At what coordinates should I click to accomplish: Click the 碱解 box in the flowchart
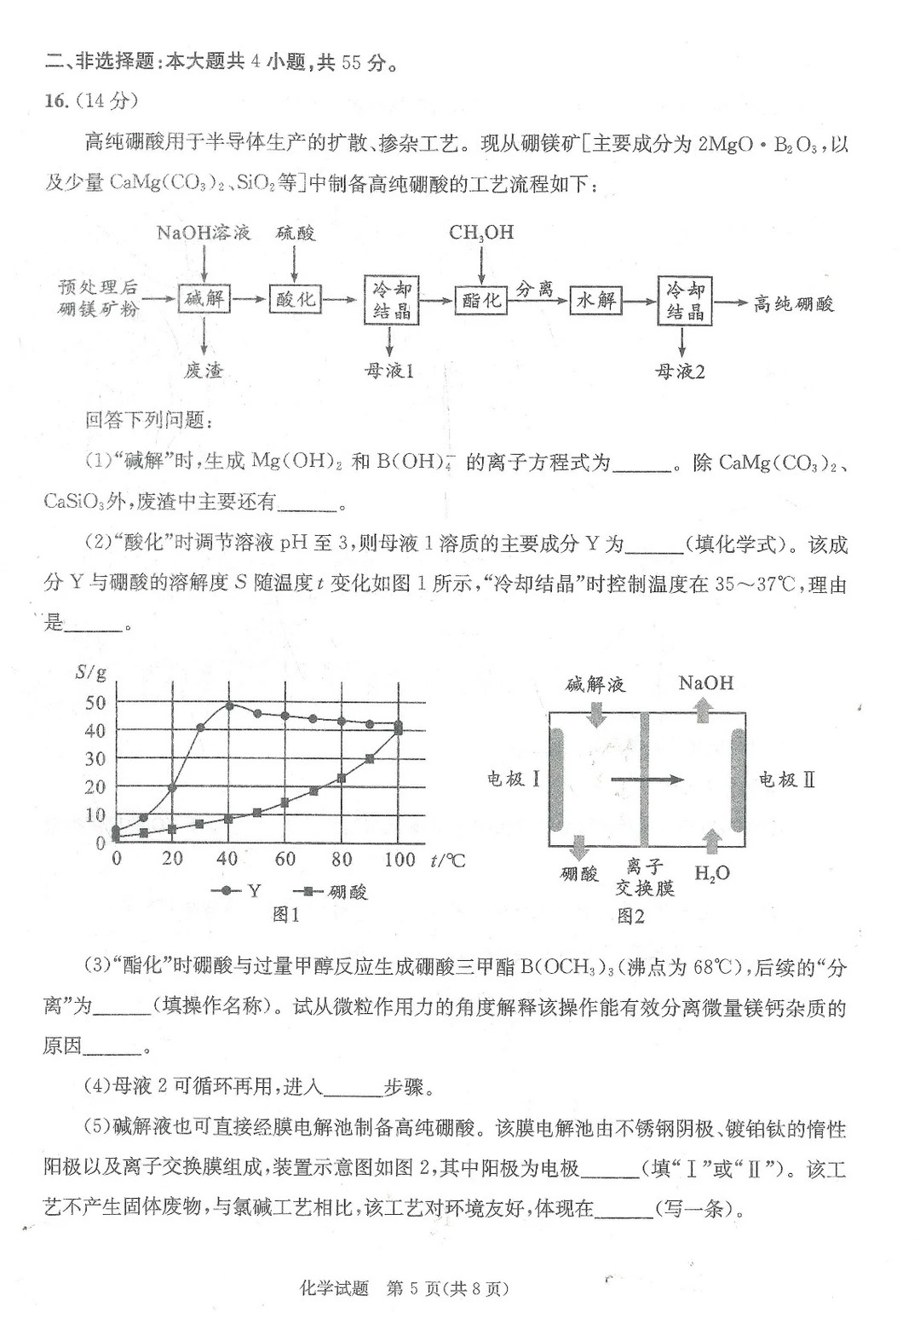point(204,299)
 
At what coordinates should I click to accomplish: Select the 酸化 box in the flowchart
point(295,299)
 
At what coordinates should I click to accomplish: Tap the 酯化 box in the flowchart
point(481,300)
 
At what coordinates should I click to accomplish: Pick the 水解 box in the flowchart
point(595,300)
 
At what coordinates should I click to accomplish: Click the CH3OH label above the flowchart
point(481,233)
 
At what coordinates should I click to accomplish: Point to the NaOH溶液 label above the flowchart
point(204,233)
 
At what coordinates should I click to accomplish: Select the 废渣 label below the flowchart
point(204,371)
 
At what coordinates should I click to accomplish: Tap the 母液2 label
point(680,371)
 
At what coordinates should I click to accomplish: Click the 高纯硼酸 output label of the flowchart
point(793,303)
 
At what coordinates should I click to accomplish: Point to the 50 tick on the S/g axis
point(95,703)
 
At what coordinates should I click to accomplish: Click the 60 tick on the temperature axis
point(285,859)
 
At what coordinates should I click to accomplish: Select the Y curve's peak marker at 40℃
point(229,705)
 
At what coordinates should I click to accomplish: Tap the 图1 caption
point(285,915)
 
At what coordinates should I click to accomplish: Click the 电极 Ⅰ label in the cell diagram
point(514,778)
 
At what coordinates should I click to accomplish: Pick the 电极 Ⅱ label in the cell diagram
point(787,779)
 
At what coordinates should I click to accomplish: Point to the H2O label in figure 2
point(712,873)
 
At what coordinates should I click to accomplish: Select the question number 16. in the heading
point(55,101)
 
